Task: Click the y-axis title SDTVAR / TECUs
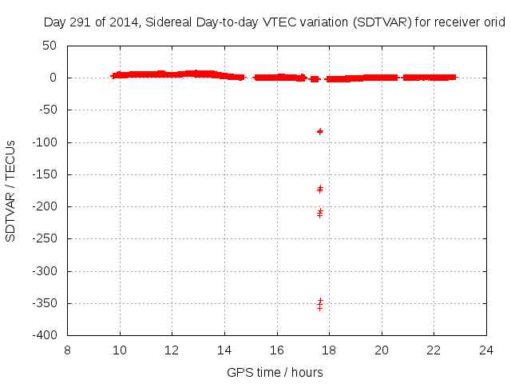point(11,190)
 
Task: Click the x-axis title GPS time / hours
point(275,372)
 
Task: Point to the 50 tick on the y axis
point(50,46)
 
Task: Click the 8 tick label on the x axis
point(68,350)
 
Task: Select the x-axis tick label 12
point(172,350)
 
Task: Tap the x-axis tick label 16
point(277,350)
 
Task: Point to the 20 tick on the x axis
point(382,350)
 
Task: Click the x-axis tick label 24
point(486,350)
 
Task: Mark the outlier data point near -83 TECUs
point(320,131)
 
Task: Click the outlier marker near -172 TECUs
point(320,189)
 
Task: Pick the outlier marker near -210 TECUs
point(320,214)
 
